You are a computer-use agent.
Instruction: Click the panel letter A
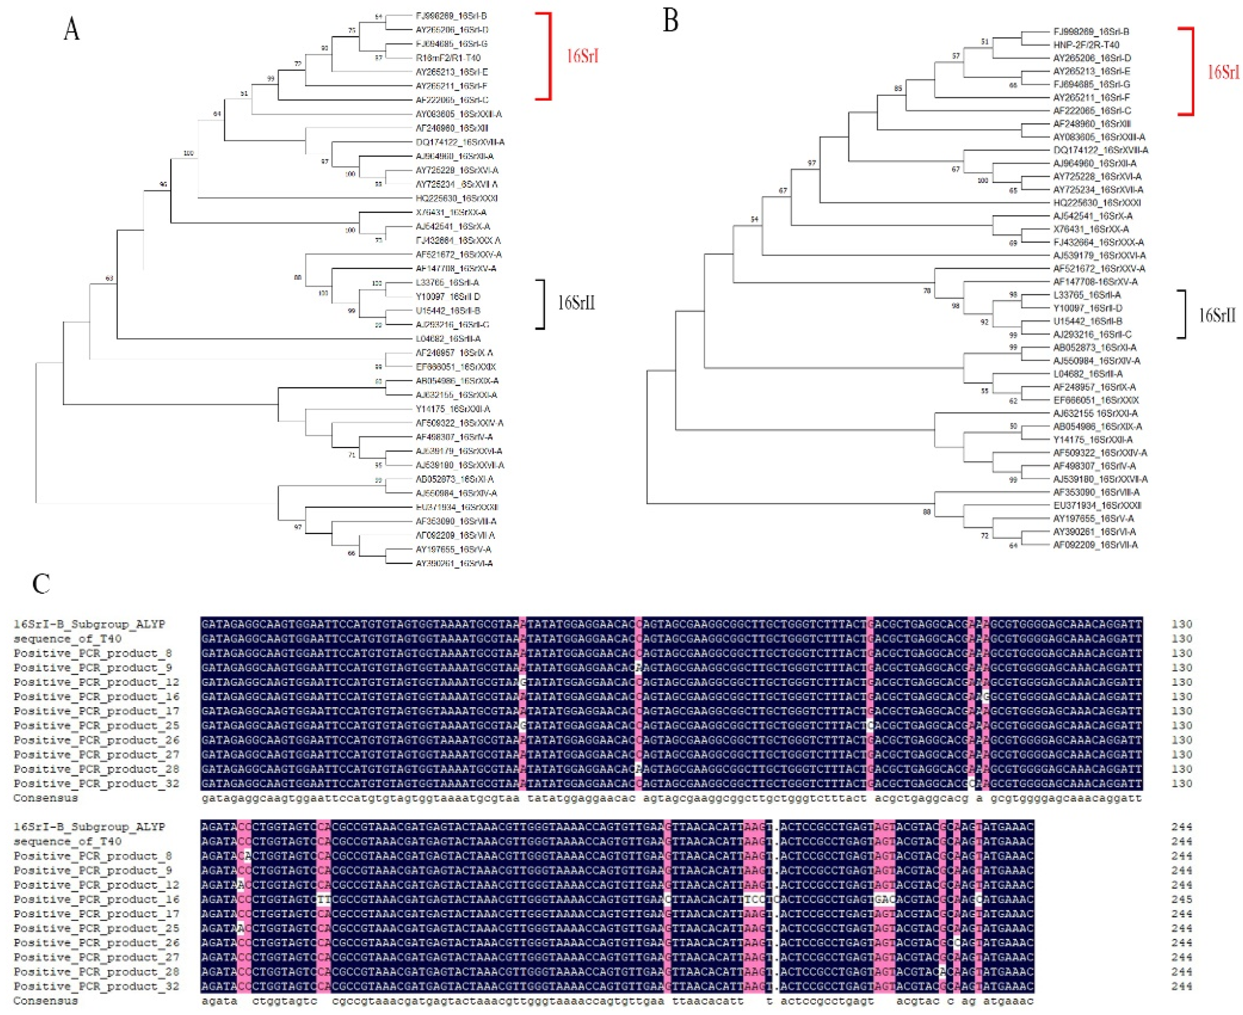(x=71, y=29)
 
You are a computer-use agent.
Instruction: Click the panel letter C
(x=42, y=583)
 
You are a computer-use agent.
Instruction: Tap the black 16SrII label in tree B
(x=1217, y=316)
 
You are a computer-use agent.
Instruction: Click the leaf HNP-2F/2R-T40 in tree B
(x=1086, y=45)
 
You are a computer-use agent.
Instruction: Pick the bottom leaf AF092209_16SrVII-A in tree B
(x=1095, y=545)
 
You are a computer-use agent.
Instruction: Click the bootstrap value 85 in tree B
(x=898, y=89)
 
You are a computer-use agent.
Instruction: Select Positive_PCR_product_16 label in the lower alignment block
(x=96, y=899)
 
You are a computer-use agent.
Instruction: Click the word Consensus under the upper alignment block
(x=46, y=798)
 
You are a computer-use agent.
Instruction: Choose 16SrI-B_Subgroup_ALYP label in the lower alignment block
(x=89, y=827)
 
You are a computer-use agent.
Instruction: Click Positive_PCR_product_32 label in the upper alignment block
(x=96, y=783)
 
